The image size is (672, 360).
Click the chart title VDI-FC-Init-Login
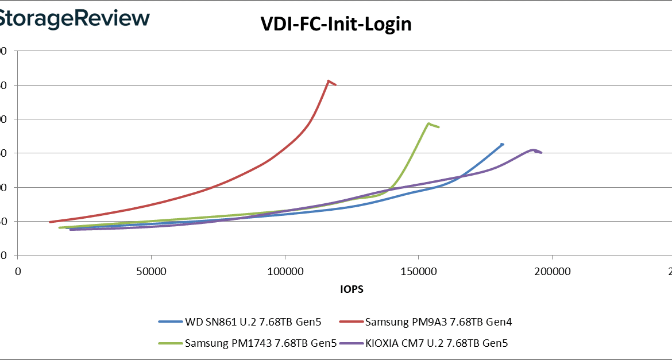pyautogui.click(x=336, y=24)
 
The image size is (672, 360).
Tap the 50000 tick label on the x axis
pyautogui.click(x=151, y=271)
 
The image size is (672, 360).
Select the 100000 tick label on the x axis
pyautogui.click(x=285, y=271)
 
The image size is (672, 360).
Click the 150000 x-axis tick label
pyautogui.click(x=419, y=271)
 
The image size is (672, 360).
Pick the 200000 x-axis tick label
pyautogui.click(x=552, y=271)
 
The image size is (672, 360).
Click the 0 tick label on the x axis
pyautogui.click(x=18, y=271)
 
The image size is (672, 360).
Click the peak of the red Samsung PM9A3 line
pyautogui.click(x=328, y=81)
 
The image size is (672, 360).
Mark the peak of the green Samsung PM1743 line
pyautogui.click(x=428, y=123)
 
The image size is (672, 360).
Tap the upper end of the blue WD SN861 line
pyautogui.click(x=503, y=144)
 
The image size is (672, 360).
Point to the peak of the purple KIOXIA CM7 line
pyautogui.click(x=534, y=150)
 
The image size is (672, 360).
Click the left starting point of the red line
pyautogui.click(x=51, y=222)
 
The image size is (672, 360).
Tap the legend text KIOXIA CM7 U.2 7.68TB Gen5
pyautogui.click(x=437, y=344)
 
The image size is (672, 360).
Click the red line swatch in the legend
pyautogui.click(x=351, y=322)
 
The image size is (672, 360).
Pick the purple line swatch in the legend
pyautogui.click(x=351, y=344)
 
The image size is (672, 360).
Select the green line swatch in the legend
pyautogui.click(x=171, y=344)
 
